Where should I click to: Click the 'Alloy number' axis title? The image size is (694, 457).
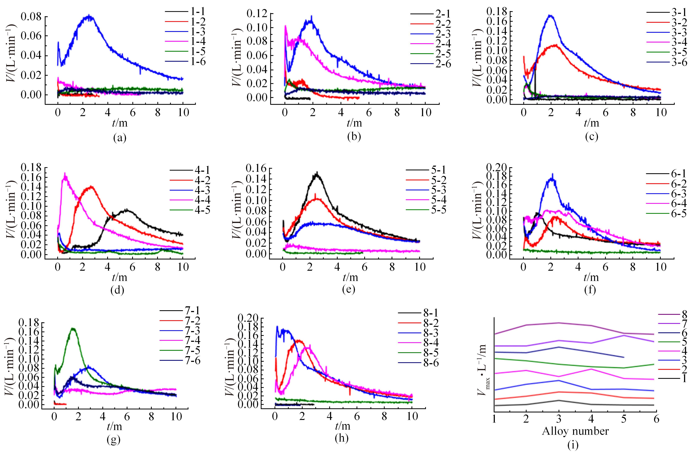tap(575, 431)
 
